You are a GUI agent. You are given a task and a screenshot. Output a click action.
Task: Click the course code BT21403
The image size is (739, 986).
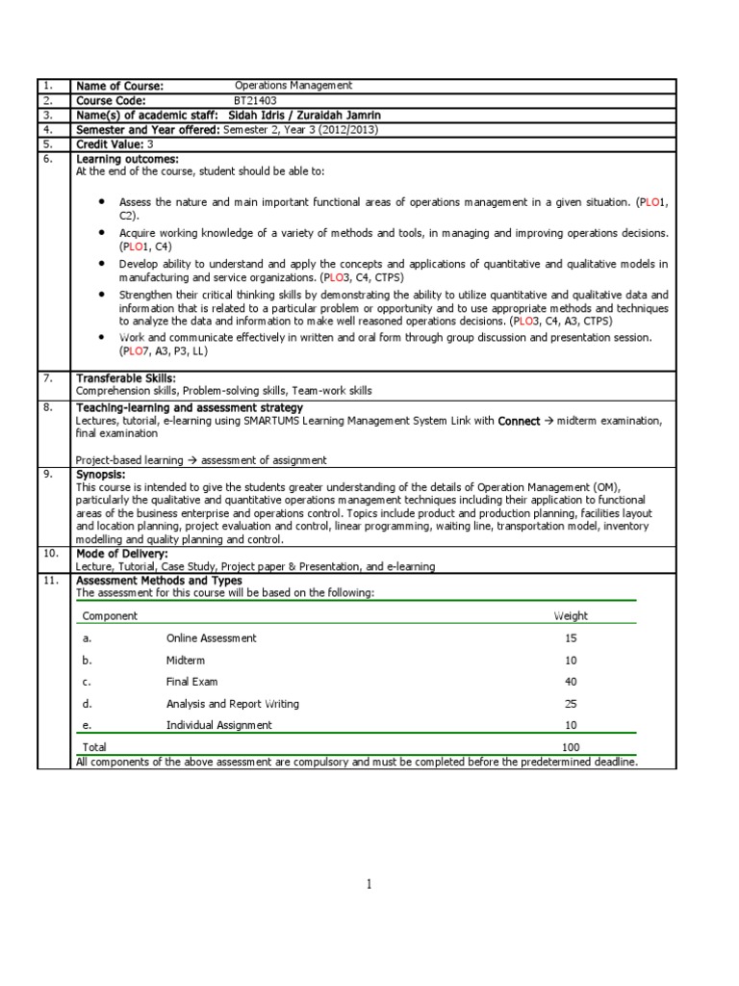point(255,100)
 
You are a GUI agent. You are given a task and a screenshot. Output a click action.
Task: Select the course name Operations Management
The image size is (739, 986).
point(293,86)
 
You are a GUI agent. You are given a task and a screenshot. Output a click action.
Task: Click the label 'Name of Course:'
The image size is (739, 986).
point(120,86)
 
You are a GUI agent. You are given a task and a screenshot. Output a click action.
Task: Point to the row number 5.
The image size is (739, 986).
point(48,143)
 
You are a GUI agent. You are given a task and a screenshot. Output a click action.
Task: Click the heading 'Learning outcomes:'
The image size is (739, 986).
point(127,158)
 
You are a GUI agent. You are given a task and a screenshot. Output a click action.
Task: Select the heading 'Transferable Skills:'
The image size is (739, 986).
point(125,378)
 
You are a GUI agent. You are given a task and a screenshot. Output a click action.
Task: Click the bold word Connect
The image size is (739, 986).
point(519,421)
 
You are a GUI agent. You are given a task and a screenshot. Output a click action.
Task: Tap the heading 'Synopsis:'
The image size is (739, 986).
point(100,475)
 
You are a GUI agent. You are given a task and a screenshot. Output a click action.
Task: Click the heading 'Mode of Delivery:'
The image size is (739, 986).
point(122,554)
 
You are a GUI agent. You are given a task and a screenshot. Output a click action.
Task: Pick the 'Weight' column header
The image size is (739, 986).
point(570,616)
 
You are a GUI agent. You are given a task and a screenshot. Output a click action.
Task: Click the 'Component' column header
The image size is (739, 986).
point(110,616)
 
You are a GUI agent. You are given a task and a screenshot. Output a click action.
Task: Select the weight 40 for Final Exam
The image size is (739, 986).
point(571,682)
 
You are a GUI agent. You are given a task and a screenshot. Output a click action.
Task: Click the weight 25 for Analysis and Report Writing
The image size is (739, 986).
point(571,704)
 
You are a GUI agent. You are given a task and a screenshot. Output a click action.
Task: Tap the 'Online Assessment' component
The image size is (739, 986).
point(211,638)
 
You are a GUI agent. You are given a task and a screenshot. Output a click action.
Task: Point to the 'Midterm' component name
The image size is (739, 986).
point(185,661)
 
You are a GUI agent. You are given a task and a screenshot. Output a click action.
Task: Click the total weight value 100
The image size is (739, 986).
point(572,747)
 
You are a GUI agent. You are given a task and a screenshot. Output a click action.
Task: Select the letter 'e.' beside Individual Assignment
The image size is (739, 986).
point(87,725)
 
